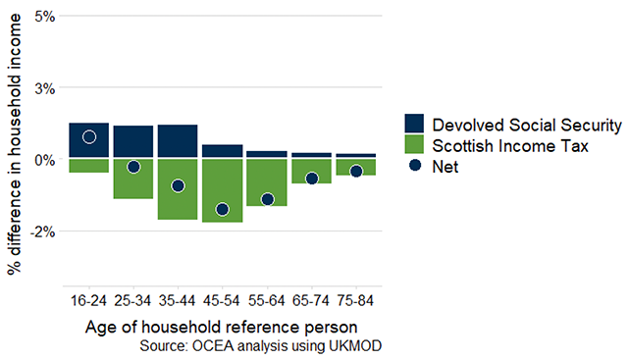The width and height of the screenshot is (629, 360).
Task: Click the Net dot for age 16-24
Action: click(x=89, y=136)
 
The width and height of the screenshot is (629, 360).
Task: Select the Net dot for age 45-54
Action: click(x=222, y=209)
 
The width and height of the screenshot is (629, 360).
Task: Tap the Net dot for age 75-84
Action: click(x=356, y=171)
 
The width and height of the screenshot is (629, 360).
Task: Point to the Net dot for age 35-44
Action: click(x=178, y=185)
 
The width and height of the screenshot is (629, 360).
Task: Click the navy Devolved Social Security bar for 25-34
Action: click(x=133, y=141)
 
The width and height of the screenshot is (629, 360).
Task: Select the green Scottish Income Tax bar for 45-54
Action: click(x=222, y=190)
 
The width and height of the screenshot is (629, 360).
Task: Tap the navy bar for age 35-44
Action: click(x=178, y=140)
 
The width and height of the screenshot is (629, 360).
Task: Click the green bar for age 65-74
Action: click(x=311, y=167)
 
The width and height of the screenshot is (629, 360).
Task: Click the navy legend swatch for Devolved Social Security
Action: click(x=415, y=125)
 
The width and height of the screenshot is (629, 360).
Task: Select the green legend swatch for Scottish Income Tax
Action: click(x=415, y=146)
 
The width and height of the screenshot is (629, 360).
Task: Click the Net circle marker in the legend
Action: click(x=415, y=168)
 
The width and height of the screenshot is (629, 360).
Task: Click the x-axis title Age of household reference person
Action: click(x=222, y=326)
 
